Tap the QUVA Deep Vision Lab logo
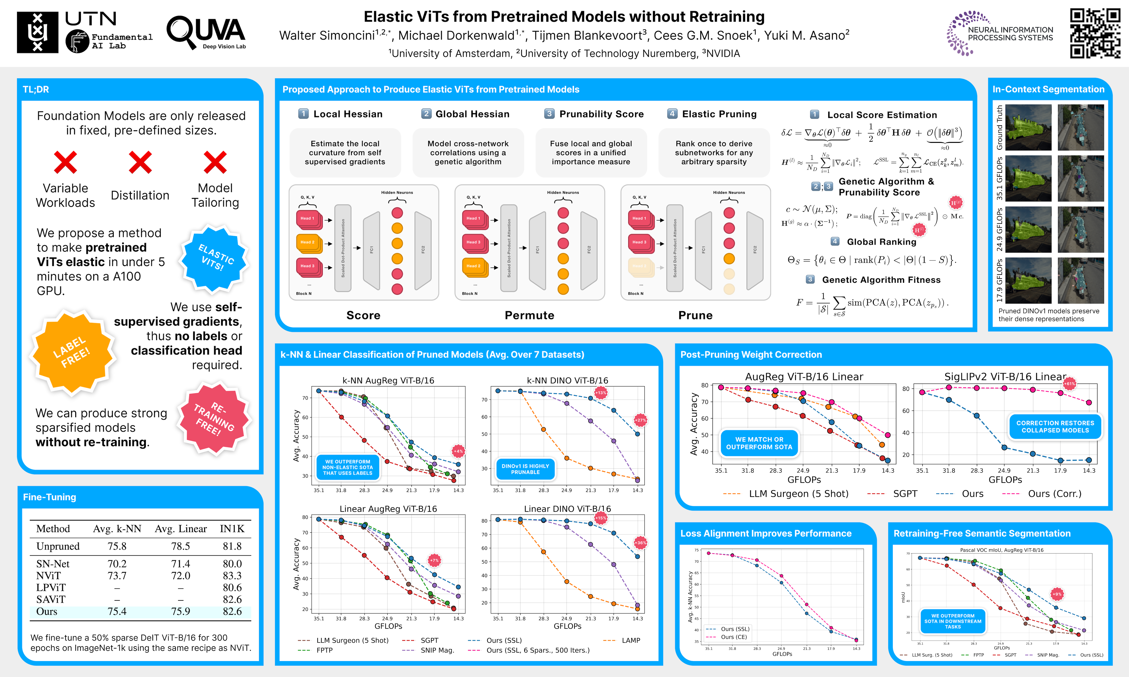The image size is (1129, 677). click(206, 33)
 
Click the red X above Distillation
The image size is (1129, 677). click(140, 162)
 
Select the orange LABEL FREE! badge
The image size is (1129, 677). click(72, 352)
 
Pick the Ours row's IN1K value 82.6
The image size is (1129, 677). click(232, 611)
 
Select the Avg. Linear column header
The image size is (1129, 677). click(181, 529)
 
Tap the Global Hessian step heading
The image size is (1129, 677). click(472, 114)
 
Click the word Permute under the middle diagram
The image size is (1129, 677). click(529, 315)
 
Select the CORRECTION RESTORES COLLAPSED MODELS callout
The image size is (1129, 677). click(1055, 427)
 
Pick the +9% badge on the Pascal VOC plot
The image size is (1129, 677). click(1057, 594)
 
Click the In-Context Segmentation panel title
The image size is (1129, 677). click(1048, 89)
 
